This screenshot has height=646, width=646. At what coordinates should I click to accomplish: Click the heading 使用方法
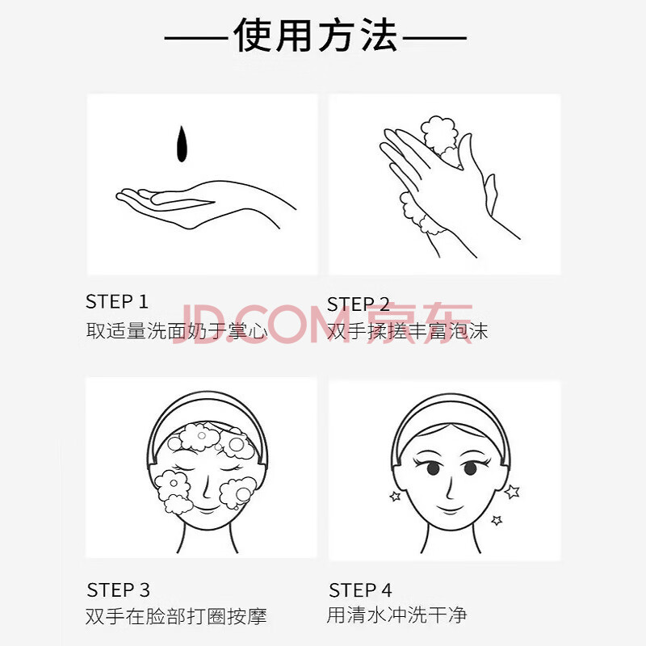(x=316, y=36)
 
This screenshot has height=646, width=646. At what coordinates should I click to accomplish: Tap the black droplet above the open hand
(x=182, y=145)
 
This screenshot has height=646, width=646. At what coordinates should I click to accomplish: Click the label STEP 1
(x=117, y=301)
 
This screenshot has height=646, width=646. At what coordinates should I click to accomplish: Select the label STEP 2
(x=358, y=304)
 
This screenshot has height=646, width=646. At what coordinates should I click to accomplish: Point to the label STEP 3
(x=118, y=590)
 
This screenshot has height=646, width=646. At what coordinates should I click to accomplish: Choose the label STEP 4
(x=360, y=590)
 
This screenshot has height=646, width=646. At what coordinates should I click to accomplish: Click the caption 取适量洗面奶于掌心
(x=177, y=331)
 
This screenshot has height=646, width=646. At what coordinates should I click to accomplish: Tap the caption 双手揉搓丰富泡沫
(x=408, y=331)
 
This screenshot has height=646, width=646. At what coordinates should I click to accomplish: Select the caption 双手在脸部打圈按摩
(x=176, y=616)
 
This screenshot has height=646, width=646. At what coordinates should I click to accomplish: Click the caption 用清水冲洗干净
(x=396, y=615)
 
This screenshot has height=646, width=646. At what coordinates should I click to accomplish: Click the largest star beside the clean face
(x=512, y=492)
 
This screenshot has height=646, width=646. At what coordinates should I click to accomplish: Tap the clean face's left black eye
(x=433, y=468)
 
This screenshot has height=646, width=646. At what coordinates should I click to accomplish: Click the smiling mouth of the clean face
(x=450, y=508)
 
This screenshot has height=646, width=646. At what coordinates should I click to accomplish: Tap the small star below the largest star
(x=497, y=520)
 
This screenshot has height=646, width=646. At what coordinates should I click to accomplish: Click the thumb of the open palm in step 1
(x=181, y=199)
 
